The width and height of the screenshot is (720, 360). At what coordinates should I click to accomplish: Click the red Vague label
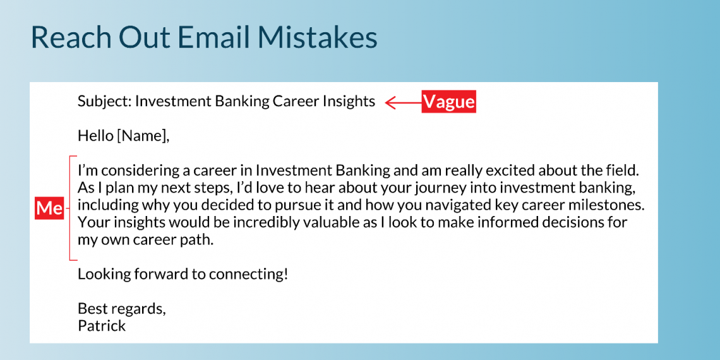pyautogui.click(x=448, y=102)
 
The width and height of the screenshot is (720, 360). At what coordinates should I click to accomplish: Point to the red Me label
pyautogui.click(x=49, y=208)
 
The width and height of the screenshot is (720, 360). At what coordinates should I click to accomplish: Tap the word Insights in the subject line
pyautogui.click(x=349, y=101)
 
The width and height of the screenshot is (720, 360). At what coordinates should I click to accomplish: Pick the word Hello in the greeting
pyautogui.click(x=95, y=135)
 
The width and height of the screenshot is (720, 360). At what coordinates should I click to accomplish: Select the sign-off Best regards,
pyautogui.click(x=121, y=309)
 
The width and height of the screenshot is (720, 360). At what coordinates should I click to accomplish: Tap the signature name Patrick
pyautogui.click(x=102, y=326)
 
